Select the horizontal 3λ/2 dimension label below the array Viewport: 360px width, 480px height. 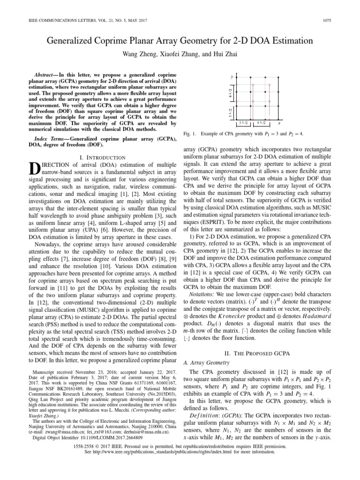[x=243, y=123]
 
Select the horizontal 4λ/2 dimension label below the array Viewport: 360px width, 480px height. [x=261, y=123]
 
